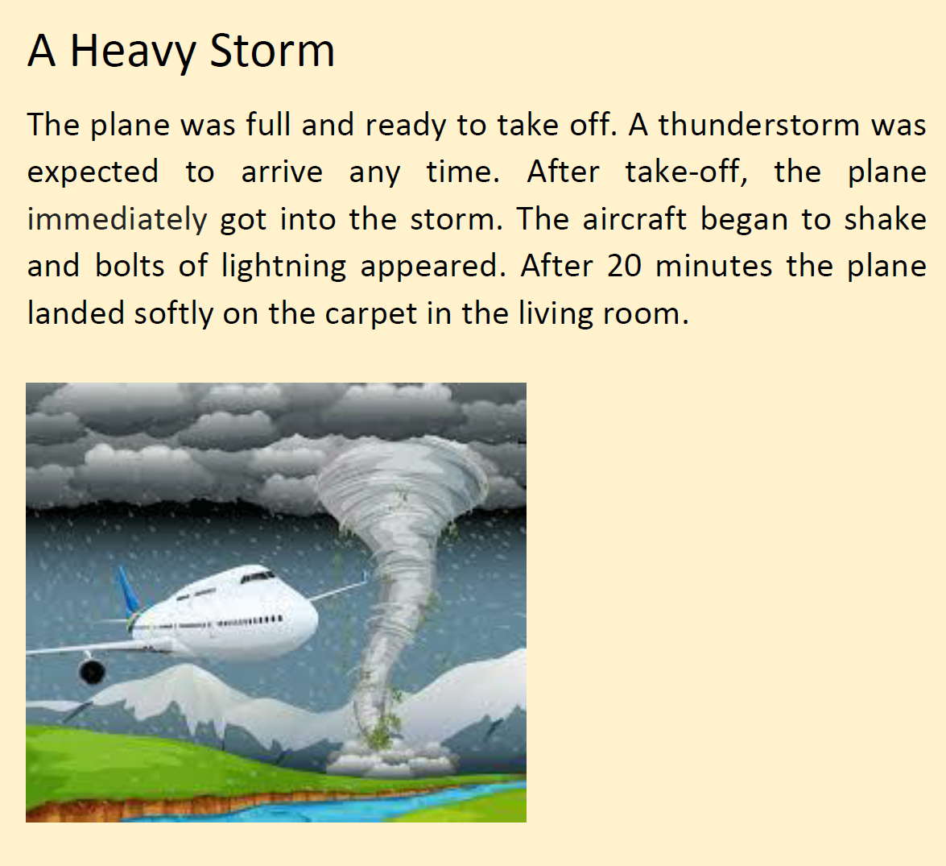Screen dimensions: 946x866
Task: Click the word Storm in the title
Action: click(x=272, y=50)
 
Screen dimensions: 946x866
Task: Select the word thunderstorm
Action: click(x=758, y=125)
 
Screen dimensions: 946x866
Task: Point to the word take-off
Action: click(x=687, y=172)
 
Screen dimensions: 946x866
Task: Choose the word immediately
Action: click(x=117, y=220)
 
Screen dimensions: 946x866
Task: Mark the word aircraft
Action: click(x=634, y=219)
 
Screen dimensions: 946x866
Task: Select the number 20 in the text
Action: click(x=624, y=267)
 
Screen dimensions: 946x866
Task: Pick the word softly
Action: click(x=174, y=314)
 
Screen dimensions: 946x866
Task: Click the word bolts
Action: click(x=130, y=266)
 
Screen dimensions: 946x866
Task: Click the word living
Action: click(x=556, y=314)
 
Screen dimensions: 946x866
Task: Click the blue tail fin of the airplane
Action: click(x=130, y=591)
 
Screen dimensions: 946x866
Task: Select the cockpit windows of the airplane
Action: click(x=258, y=577)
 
